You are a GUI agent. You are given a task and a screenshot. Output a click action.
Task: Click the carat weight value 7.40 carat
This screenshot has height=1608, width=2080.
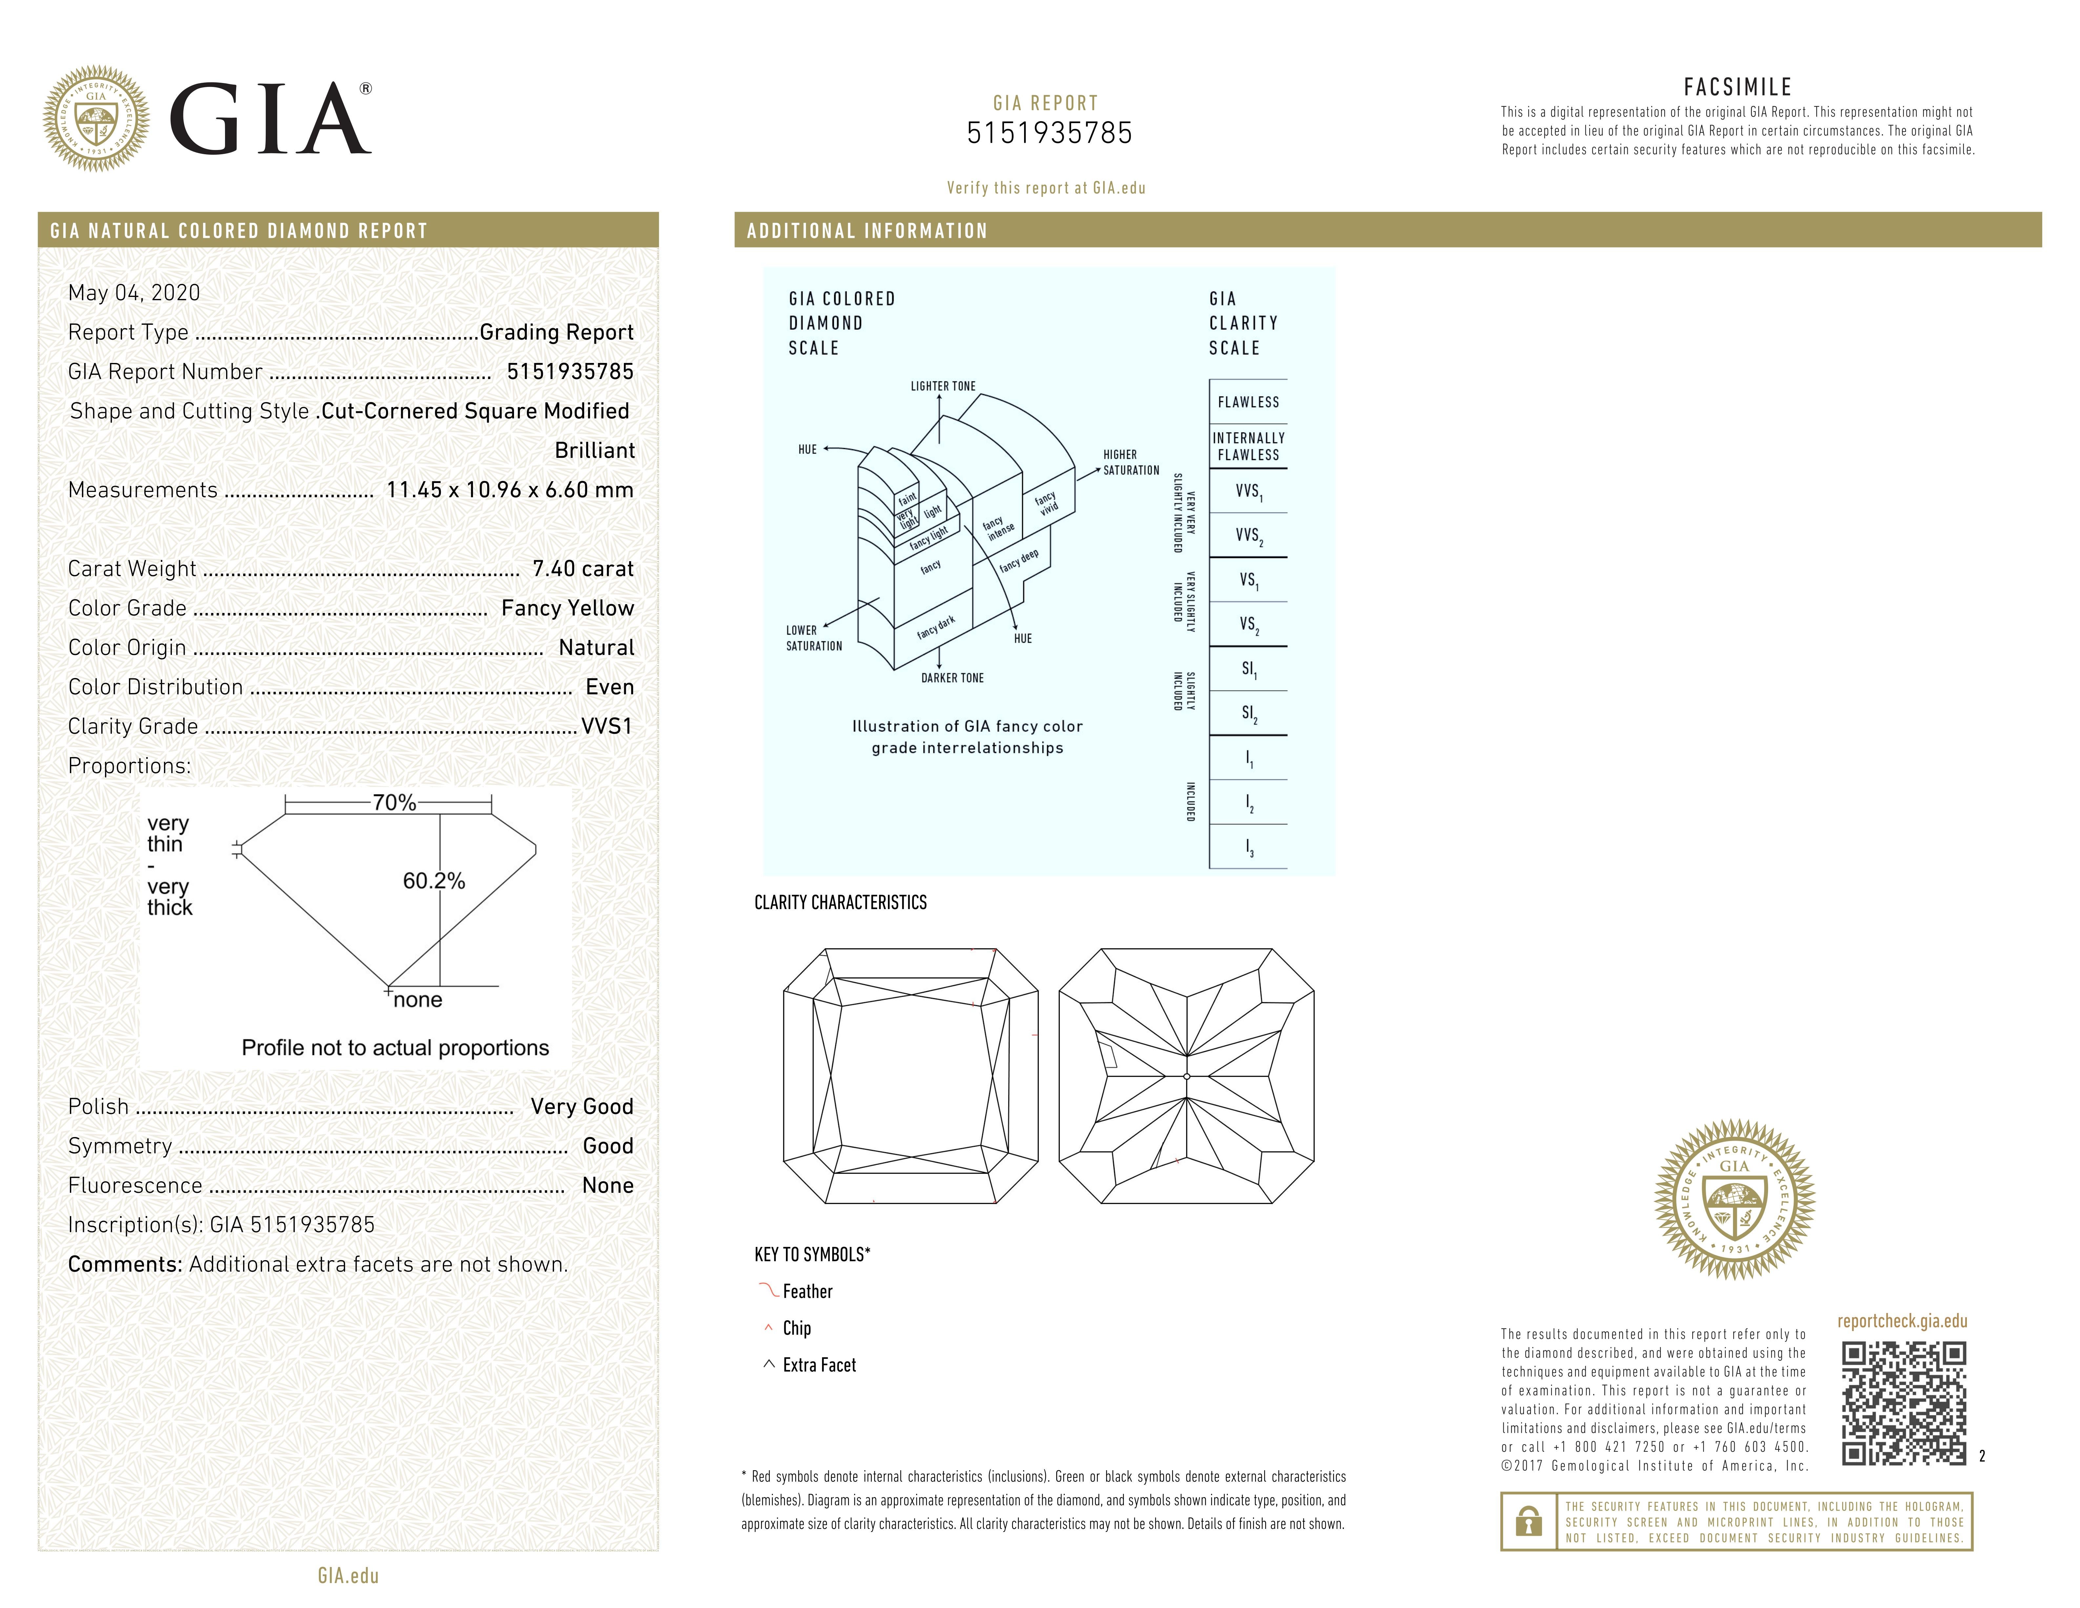click(x=583, y=569)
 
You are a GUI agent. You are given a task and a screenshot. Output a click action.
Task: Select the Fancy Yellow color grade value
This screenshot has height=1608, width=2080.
click(x=567, y=608)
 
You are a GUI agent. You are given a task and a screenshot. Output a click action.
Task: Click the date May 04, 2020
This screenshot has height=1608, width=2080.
click(x=134, y=292)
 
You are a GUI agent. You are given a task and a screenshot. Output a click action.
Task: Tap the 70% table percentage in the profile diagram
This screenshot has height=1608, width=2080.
click(x=394, y=803)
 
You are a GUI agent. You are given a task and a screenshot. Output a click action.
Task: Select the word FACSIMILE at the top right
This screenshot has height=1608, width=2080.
click(x=1737, y=88)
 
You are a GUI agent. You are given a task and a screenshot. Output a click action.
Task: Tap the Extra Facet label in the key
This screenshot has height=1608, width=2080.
click(x=819, y=1365)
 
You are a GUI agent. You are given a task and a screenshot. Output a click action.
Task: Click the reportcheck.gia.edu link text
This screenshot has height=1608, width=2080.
click(x=1902, y=1321)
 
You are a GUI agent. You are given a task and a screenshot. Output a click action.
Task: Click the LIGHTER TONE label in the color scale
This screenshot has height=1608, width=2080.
click(x=943, y=386)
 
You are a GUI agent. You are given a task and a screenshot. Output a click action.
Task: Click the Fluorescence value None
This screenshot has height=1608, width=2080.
click(x=608, y=1185)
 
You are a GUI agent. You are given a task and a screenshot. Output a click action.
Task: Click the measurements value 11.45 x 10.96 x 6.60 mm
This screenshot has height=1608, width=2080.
click(x=509, y=490)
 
